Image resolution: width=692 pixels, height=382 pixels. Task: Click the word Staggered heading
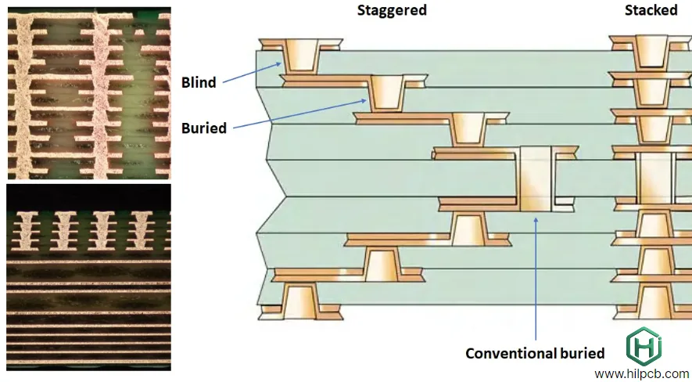click(392, 10)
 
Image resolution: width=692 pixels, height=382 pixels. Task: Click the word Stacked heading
click(651, 10)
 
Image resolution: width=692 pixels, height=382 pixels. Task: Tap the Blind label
click(199, 82)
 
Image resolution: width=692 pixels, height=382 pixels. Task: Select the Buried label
click(203, 128)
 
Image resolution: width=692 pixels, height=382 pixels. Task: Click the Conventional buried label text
click(535, 353)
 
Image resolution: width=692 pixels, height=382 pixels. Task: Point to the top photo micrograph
click(88, 93)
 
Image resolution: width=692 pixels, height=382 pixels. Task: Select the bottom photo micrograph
click(88, 276)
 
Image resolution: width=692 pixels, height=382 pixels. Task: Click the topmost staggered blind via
click(301, 55)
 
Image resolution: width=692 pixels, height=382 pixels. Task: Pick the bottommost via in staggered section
click(301, 301)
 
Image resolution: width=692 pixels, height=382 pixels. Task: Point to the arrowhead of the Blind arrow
click(282, 65)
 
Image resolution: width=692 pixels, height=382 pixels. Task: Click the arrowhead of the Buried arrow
click(366, 99)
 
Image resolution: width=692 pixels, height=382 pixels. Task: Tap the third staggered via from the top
click(468, 128)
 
